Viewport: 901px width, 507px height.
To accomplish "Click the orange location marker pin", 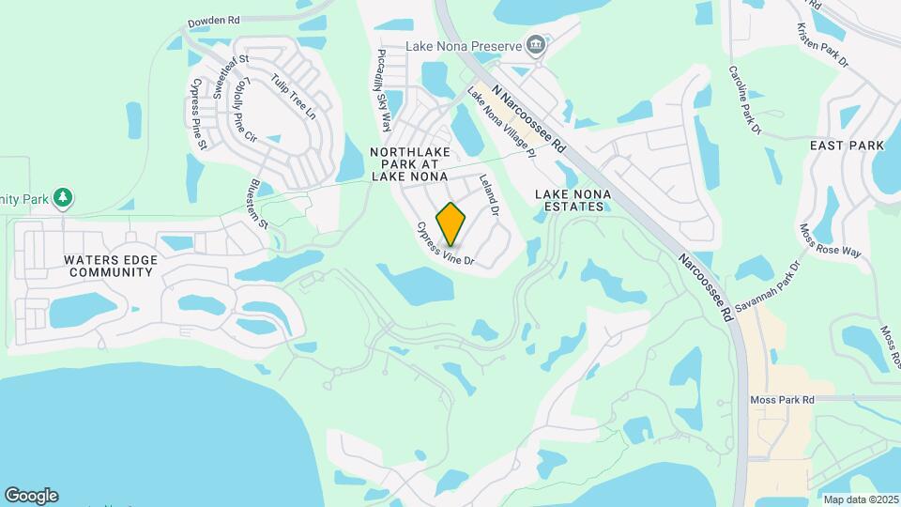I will tap(451, 224).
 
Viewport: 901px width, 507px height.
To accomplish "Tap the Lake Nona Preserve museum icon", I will tap(535, 45).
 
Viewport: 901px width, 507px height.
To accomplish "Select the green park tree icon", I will tap(63, 197).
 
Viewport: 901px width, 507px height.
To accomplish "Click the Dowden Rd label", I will tap(214, 20).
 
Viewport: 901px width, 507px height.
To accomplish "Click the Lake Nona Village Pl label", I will tap(501, 119).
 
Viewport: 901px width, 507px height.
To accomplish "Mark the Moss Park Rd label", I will tap(782, 400).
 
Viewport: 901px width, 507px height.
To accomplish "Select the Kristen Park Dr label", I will tap(823, 45).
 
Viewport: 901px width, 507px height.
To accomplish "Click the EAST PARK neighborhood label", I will tap(848, 146).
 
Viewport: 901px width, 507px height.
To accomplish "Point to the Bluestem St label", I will tap(259, 205).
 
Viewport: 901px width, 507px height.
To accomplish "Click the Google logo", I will tap(31, 496).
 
